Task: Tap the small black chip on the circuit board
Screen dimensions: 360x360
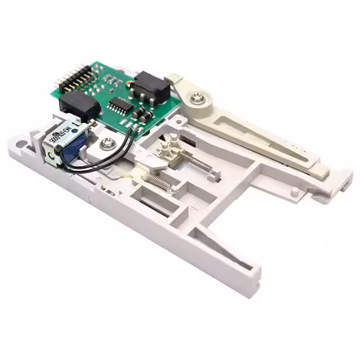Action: coord(120,105)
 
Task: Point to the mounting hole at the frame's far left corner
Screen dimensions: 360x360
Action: coord(22,145)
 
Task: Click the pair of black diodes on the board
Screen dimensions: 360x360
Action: coord(142,115)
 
